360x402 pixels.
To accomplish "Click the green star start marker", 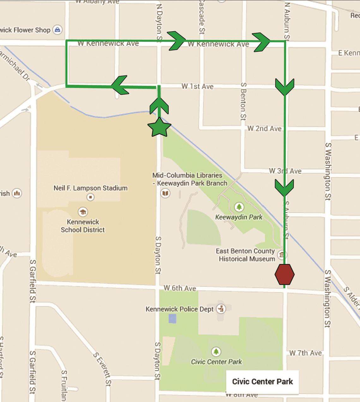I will pyautogui.click(x=159, y=127).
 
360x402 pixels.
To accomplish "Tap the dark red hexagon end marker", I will pyautogui.click(x=285, y=274).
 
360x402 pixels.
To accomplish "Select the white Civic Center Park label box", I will pyautogui.click(x=262, y=381).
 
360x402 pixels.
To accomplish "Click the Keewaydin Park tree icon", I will pyautogui.click(x=239, y=207).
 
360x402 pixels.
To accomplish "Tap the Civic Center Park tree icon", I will pyautogui.click(x=216, y=351).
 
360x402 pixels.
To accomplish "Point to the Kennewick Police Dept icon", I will pyautogui.click(x=221, y=309).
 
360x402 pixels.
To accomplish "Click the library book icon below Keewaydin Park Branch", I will pyautogui.click(x=165, y=193).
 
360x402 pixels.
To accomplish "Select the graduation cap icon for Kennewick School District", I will pyautogui.click(x=83, y=212).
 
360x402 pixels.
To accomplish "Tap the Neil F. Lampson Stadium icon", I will pyautogui.click(x=91, y=197).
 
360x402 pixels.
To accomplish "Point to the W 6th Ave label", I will pyautogui.click(x=180, y=288).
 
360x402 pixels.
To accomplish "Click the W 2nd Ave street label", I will pyautogui.click(x=264, y=129).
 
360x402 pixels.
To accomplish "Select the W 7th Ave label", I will pyautogui.click(x=305, y=353).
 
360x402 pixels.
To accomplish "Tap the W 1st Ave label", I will pyautogui.click(x=197, y=86).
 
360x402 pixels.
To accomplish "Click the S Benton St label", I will pyautogui.click(x=243, y=101).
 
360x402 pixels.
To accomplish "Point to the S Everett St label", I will pyautogui.click(x=102, y=369).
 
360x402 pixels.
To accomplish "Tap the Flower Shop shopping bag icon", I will pyautogui.click(x=57, y=30).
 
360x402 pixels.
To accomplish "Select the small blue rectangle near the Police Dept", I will pyautogui.click(x=172, y=318).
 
